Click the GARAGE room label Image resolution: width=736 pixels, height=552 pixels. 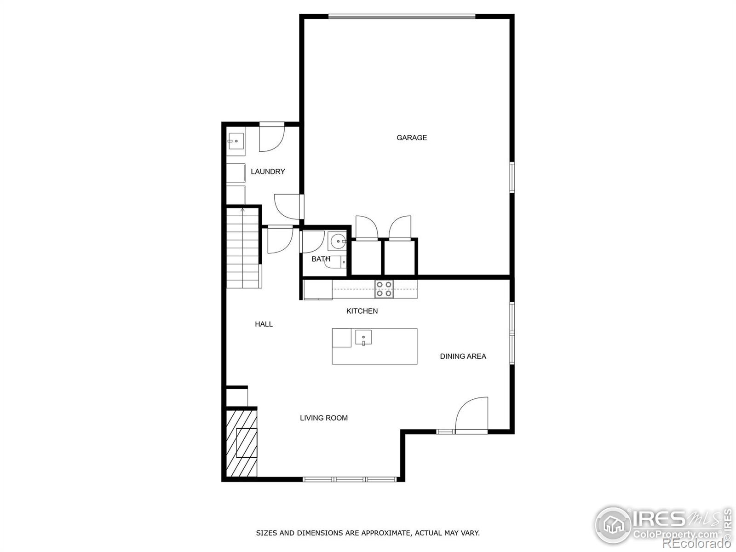(x=412, y=138)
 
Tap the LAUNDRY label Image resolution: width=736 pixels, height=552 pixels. (x=268, y=172)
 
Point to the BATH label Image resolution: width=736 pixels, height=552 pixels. (x=321, y=259)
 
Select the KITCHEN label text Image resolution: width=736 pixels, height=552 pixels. (x=362, y=311)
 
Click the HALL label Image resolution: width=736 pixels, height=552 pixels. (x=264, y=324)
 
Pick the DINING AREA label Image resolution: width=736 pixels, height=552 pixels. (x=463, y=356)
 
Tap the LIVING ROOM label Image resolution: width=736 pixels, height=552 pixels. (x=324, y=418)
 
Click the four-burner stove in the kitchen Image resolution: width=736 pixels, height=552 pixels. (x=384, y=289)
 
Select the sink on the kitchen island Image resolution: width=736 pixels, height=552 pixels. (x=363, y=338)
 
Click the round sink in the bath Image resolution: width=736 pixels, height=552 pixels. (x=338, y=241)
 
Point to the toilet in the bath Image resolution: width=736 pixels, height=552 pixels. (x=338, y=262)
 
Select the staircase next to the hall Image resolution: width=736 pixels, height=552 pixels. (x=243, y=248)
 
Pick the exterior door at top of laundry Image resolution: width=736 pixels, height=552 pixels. (x=271, y=137)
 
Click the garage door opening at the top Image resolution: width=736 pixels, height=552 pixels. (x=402, y=17)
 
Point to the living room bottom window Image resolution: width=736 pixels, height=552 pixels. (x=350, y=479)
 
